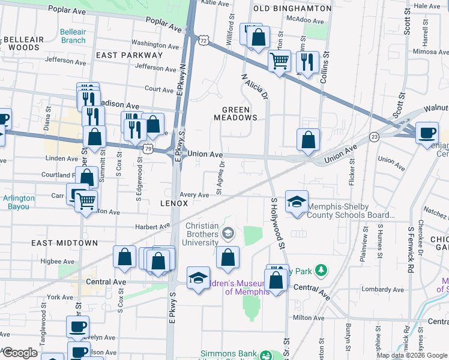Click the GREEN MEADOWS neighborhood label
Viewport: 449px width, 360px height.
pyautogui.click(x=240, y=113)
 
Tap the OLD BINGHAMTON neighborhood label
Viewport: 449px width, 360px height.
pyautogui.click(x=292, y=8)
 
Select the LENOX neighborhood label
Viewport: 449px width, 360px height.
pyautogui.click(x=174, y=203)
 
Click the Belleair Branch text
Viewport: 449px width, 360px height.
pyautogui.click(x=73, y=36)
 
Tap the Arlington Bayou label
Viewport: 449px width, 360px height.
pyautogui.click(x=19, y=202)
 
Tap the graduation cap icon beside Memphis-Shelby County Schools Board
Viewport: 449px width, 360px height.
pyautogui.click(x=297, y=203)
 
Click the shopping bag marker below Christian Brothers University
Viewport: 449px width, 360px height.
pyautogui.click(x=228, y=258)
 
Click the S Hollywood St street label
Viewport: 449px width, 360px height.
pyautogui.click(x=277, y=223)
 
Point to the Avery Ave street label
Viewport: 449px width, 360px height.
pyautogui.click(x=194, y=195)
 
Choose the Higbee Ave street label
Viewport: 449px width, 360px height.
pyautogui.click(x=56, y=261)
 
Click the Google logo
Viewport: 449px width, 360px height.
pyautogui.click(x=20, y=353)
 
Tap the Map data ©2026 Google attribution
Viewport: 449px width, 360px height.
pyautogui.click(x=412, y=355)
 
